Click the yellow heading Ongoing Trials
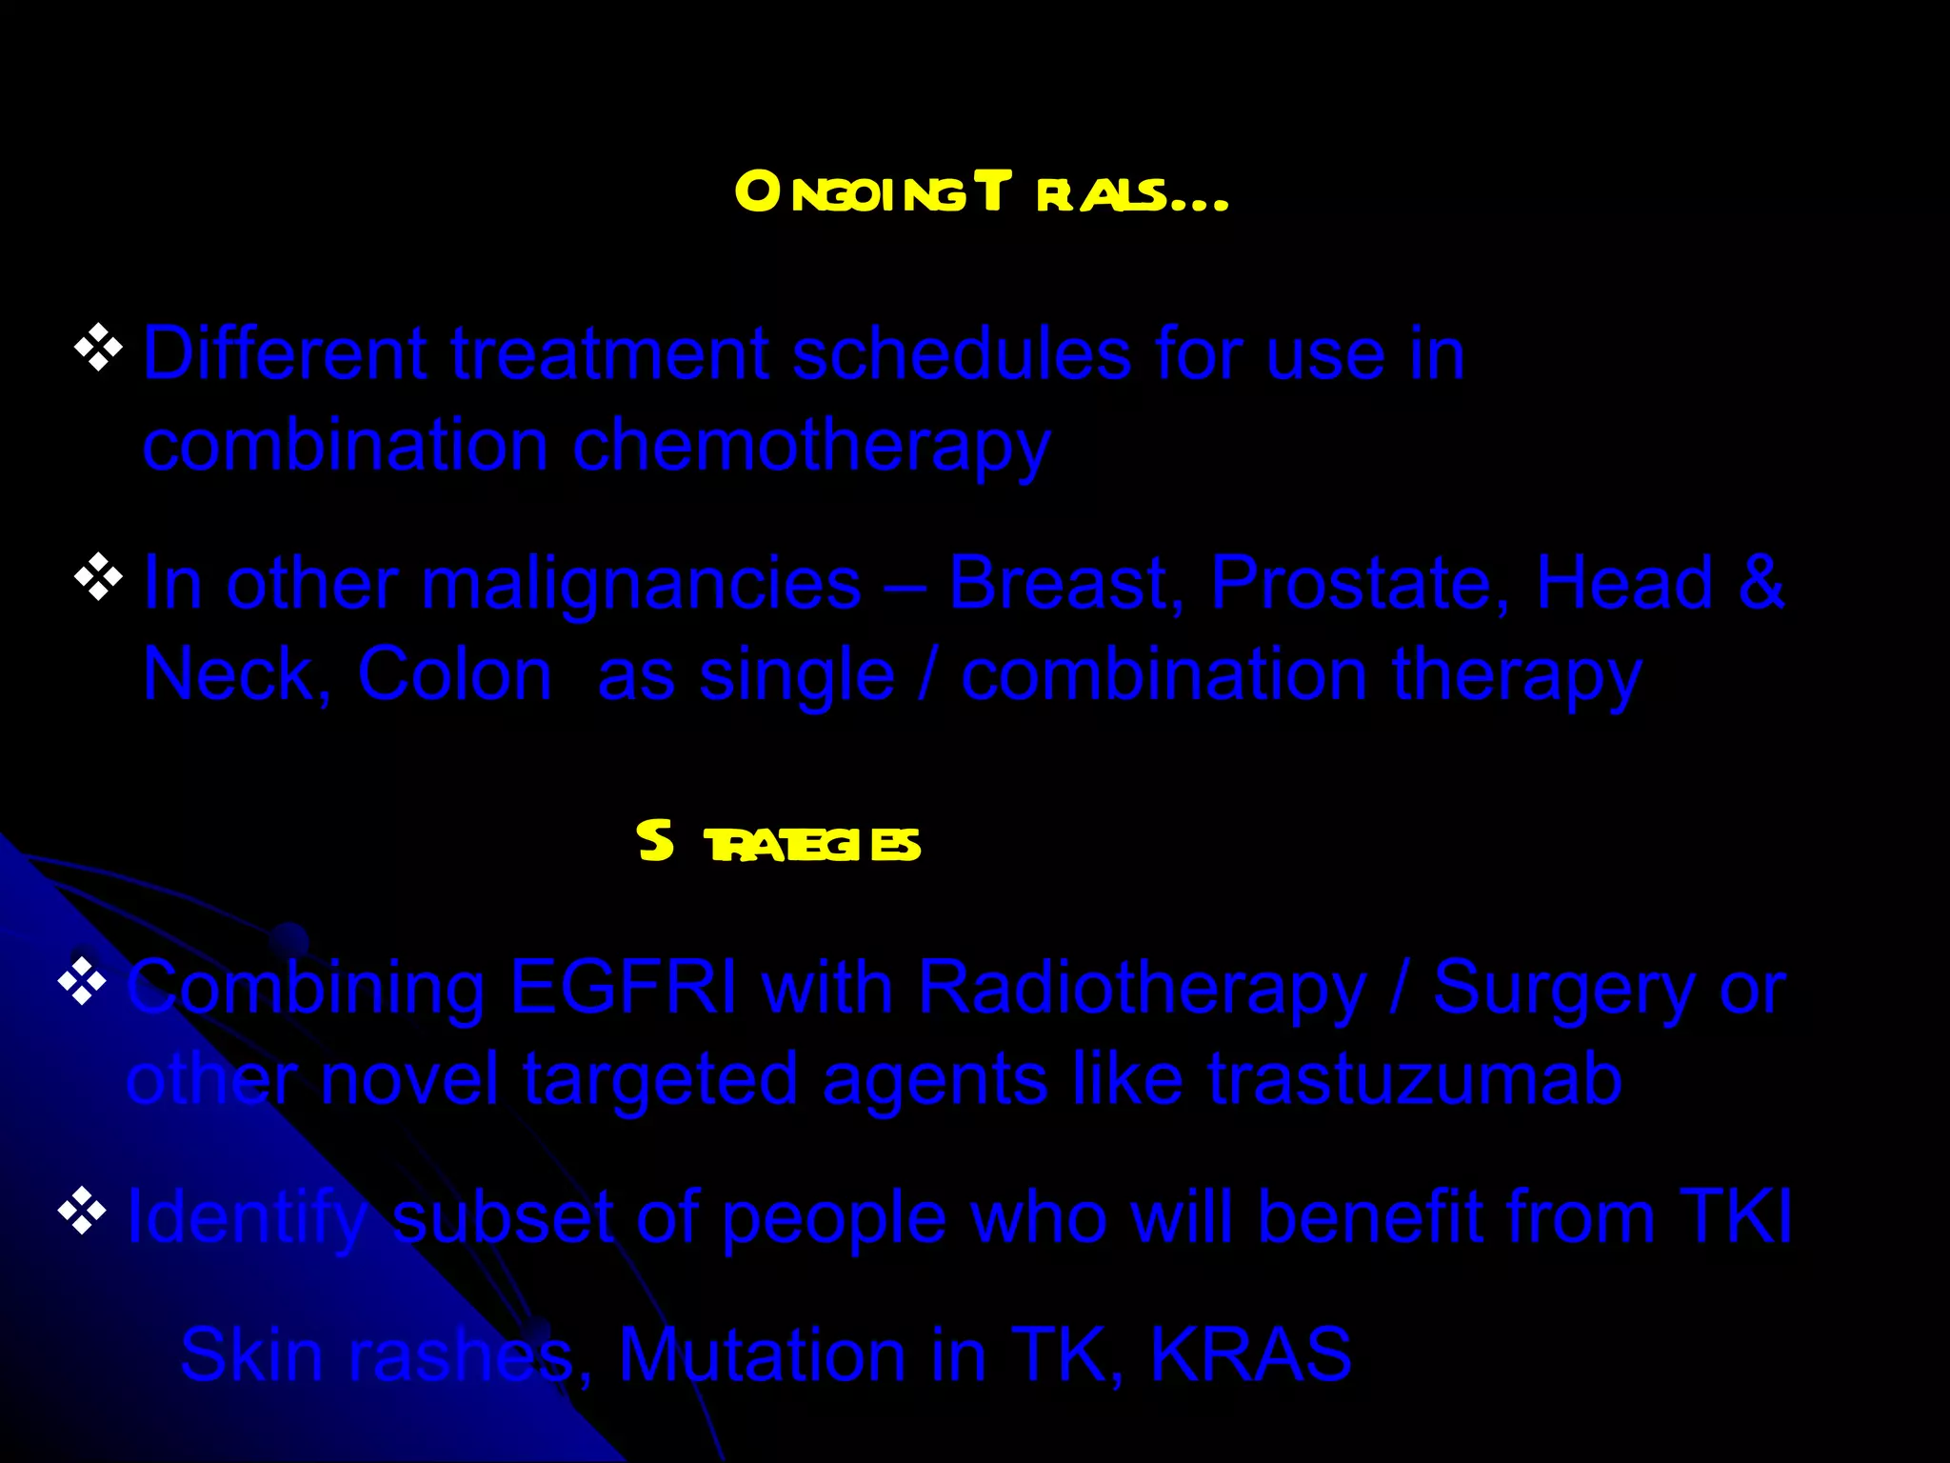981,192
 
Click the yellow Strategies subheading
779,843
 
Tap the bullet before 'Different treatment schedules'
98,349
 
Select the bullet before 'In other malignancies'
98,578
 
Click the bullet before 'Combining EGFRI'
82,982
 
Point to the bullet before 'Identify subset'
82,1212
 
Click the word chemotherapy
810,446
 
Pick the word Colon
454,674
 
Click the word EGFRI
623,987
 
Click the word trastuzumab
1415,1080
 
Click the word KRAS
1250,1353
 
